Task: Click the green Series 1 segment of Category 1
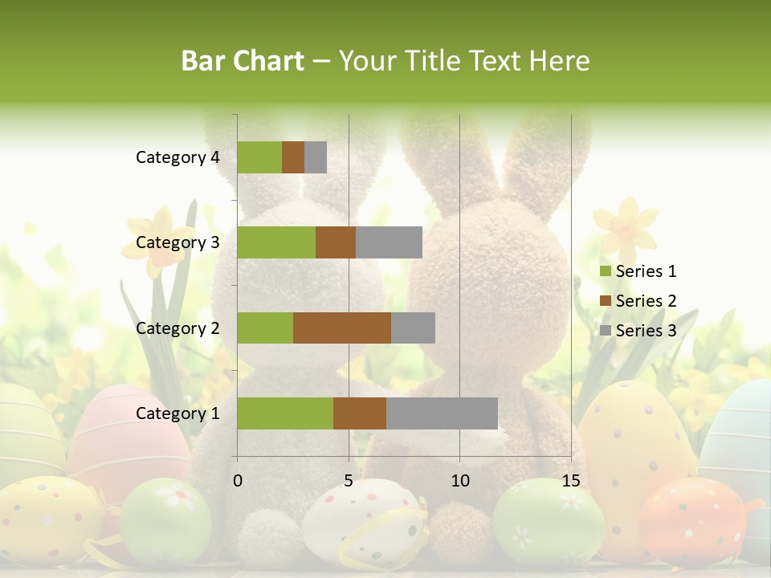tap(285, 413)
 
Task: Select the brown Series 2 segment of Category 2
tap(342, 328)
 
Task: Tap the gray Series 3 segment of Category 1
tap(442, 413)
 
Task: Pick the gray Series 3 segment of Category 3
tap(389, 242)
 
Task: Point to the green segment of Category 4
tap(259, 157)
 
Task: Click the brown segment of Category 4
tap(293, 157)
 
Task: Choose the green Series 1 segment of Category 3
tap(276, 242)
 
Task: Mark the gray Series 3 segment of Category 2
tap(413, 328)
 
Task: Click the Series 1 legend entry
tap(638, 271)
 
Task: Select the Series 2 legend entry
tap(638, 301)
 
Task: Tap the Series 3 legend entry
tap(638, 331)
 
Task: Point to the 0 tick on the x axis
tap(238, 481)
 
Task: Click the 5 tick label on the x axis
tap(349, 481)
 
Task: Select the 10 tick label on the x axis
tap(459, 481)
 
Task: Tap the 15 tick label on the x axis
tap(570, 481)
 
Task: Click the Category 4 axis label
tap(177, 157)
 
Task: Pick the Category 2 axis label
tap(177, 328)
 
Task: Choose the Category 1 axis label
tap(177, 413)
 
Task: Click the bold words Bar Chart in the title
tap(242, 60)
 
